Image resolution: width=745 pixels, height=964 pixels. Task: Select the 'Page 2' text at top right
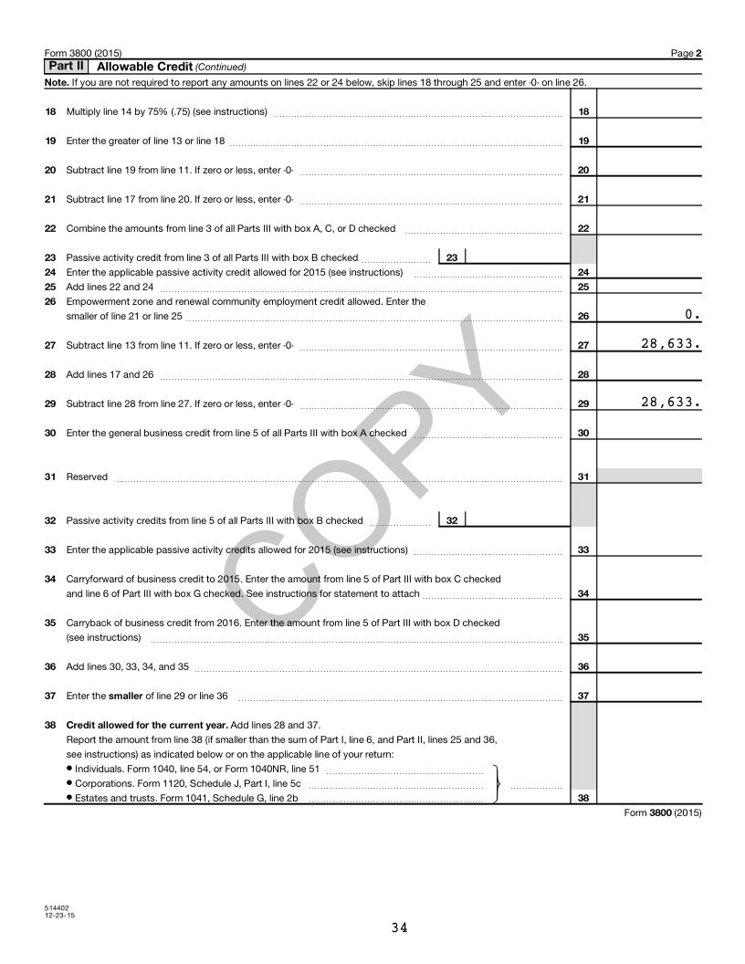pos(686,54)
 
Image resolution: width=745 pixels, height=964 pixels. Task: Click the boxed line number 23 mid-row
pos(452,257)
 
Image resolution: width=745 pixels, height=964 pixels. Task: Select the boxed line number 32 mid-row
pos(452,520)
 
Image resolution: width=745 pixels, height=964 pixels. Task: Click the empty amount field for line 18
pos(648,111)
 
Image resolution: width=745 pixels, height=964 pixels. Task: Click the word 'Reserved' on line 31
pos(87,477)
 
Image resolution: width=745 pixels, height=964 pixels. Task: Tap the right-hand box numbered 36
pos(582,666)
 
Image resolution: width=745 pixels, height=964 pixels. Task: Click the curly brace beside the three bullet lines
pos(495,783)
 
